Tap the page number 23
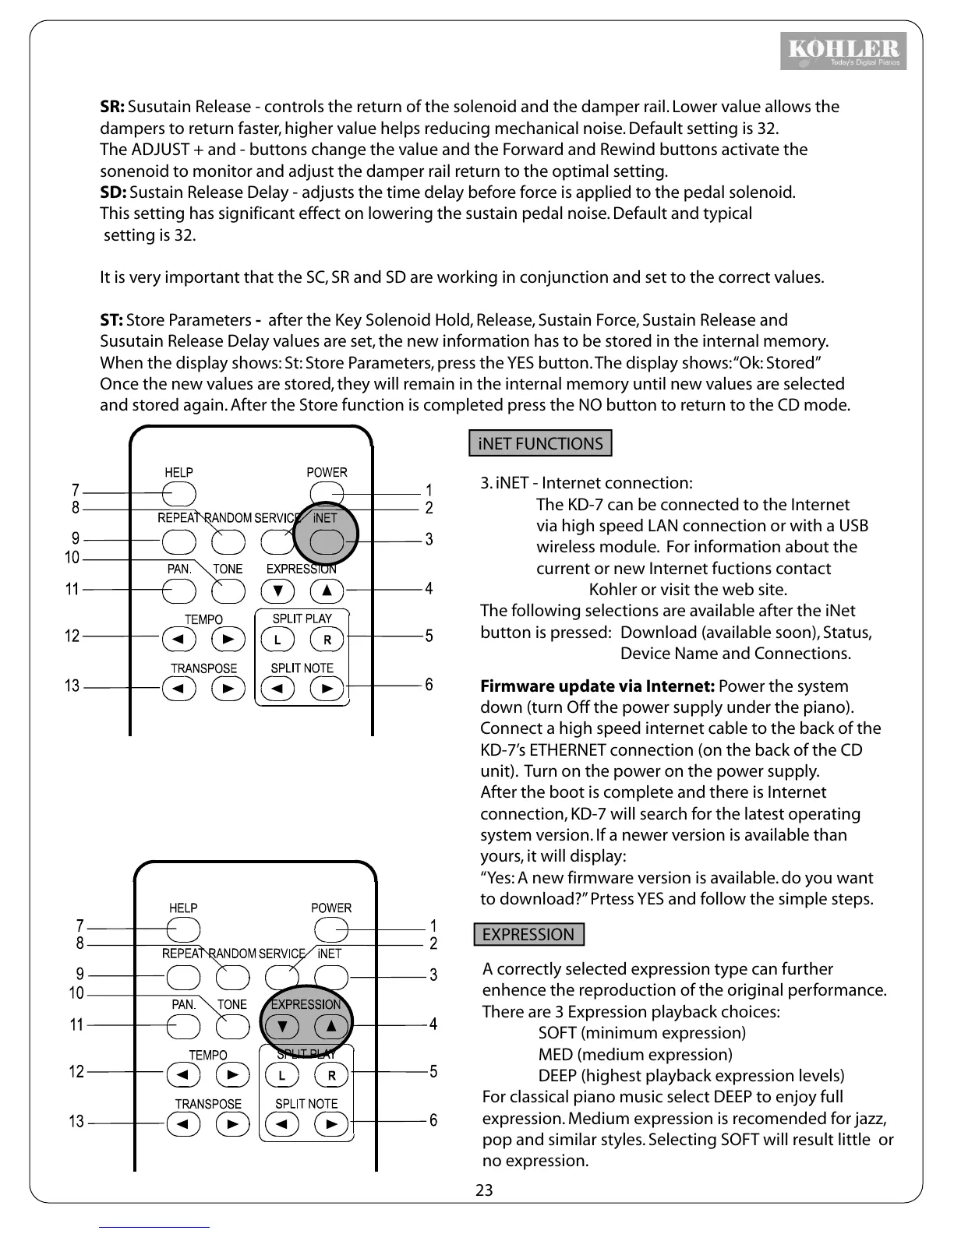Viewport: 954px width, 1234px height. [x=484, y=1190]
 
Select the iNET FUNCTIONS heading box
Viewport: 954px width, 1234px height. [x=540, y=443]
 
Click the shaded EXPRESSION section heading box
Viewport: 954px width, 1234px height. [x=528, y=934]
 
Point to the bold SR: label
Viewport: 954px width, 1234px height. [x=112, y=107]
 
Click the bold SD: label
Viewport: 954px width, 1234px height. [x=113, y=192]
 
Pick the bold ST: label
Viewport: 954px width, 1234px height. [x=111, y=320]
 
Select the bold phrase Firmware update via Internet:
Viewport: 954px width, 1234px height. [x=597, y=686]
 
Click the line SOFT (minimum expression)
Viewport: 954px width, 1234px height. [x=641, y=1033]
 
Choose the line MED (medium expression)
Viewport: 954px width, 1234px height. [x=634, y=1055]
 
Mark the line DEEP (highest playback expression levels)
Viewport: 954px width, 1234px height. [x=691, y=1076]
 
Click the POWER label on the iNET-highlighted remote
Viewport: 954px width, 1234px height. [x=327, y=472]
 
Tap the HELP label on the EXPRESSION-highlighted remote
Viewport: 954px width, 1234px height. [x=183, y=908]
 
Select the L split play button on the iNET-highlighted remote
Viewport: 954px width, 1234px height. [x=277, y=640]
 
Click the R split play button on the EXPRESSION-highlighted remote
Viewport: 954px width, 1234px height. [x=331, y=1076]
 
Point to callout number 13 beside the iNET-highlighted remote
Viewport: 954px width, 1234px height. [x=72, y=686]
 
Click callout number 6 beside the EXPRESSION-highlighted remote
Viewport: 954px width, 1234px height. [x=433, y=1120]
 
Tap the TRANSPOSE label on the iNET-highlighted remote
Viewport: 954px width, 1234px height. [x=203, y=668]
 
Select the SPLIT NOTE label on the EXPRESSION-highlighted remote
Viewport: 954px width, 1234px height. [x=306, y=1104]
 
